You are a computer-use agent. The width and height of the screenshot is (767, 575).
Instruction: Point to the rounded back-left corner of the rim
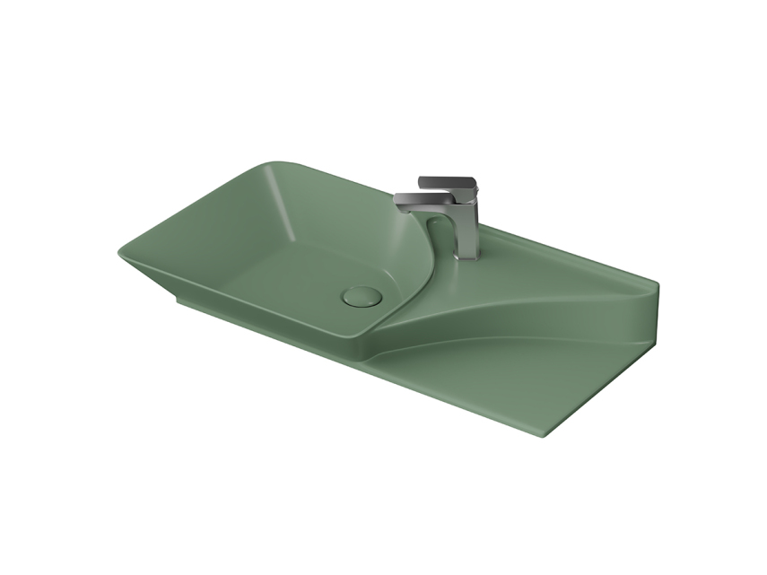[274, 163]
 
